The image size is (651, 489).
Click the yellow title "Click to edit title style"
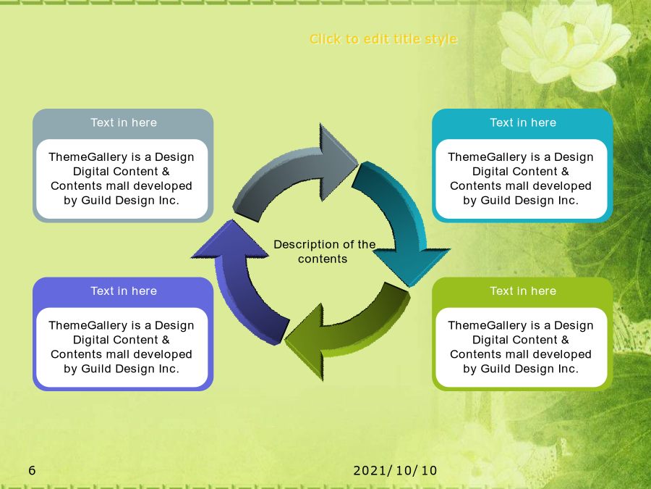pos(383,39)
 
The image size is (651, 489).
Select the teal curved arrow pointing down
pos(399,216)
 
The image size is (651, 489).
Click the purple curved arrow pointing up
pos(241,283)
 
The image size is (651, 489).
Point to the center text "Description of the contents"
pos(324,251)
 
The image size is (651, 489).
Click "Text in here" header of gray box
pos(124,122)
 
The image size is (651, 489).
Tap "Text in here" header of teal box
pos(523,122)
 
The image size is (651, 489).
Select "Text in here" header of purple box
pos(124,291)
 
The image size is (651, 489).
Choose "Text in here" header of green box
pos(523,291)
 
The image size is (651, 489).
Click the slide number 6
pos(32,470)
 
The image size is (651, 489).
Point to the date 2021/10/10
pos(395,471)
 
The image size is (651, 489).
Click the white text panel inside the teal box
pos(522,179)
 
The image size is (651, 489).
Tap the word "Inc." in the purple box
pos(169,369)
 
